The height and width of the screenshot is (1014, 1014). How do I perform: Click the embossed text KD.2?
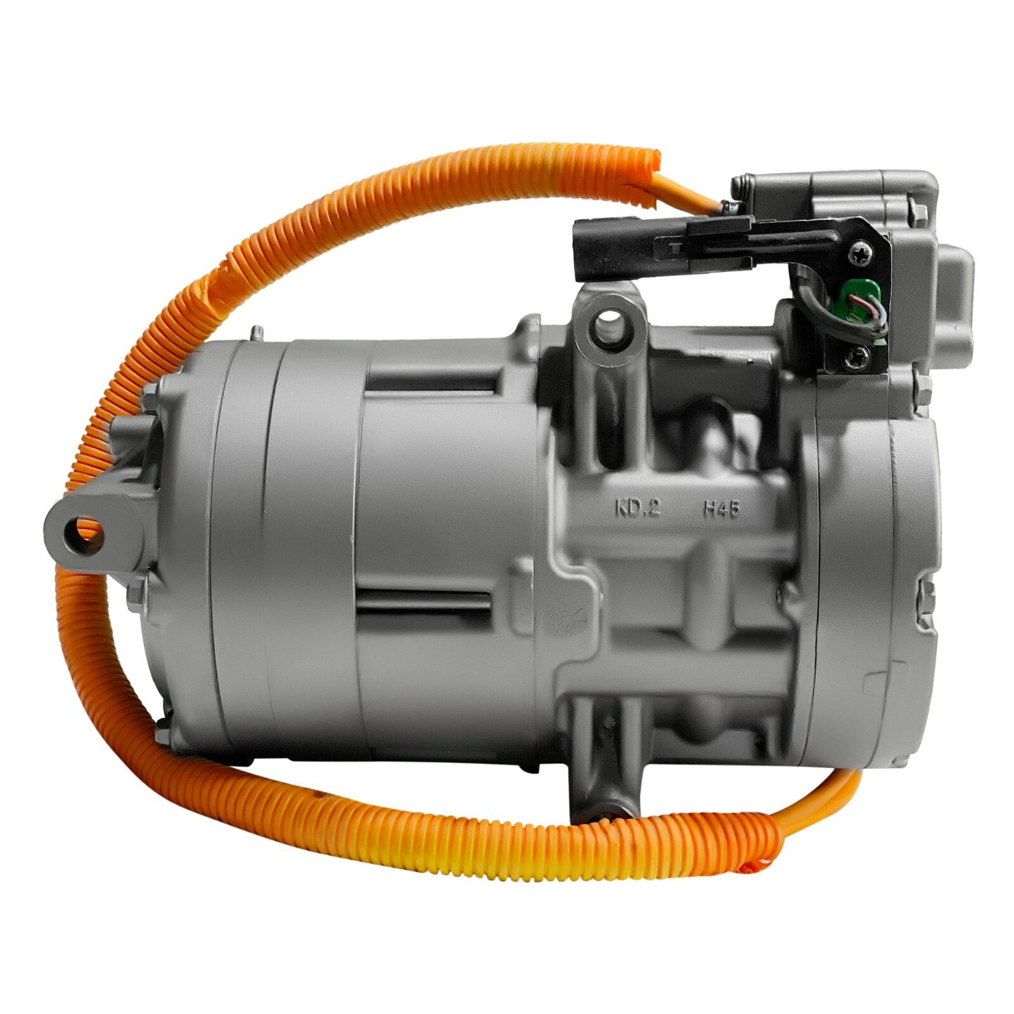[x=638, y=508]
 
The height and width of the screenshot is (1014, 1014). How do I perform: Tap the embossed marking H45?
[x=721, y=508]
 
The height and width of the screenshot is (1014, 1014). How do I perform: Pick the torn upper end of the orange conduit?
[x=643, y=177]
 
